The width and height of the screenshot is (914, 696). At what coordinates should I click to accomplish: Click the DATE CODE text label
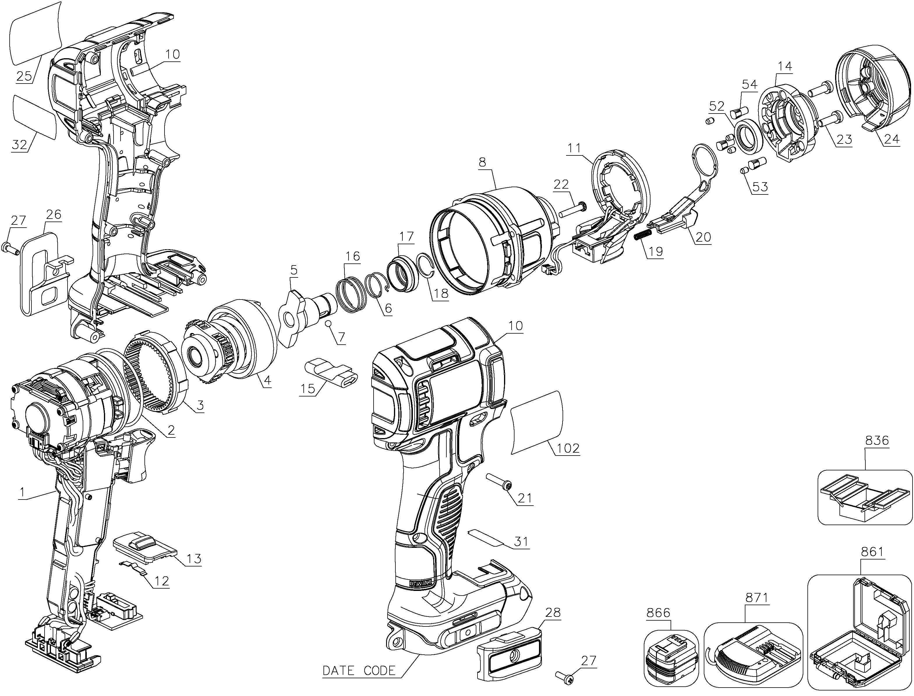click(359, 670)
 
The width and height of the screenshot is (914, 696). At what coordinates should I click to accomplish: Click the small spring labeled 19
click(643, 234)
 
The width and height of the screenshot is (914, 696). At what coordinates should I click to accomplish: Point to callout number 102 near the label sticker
click(568, 448)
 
